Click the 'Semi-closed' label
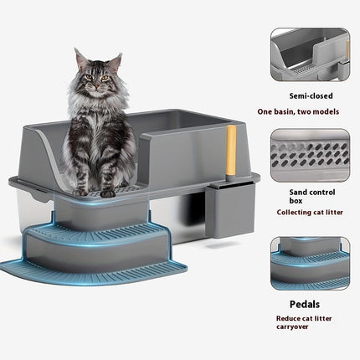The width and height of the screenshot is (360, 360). [x=310, y=95]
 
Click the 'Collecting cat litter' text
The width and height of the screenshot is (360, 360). [x=310, y=213]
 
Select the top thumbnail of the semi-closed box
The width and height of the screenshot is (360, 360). [x=309, y=54]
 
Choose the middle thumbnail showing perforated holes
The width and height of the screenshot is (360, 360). [x=309, y=156]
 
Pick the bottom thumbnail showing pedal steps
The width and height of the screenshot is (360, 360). [x=309, y=263]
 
